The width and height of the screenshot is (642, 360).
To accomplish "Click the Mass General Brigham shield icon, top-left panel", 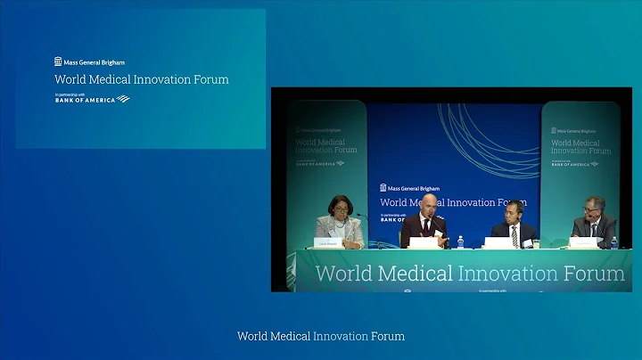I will pyautogui.click(x=58, y=61).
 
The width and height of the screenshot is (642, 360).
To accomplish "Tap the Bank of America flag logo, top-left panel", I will pyautogui.click(x=122, y=99).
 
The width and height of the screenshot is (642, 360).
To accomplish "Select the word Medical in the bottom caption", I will pyautogui.click(x=294, y=336).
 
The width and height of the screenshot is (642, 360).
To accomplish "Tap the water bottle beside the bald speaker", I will pyautogui.click(x=460, y=241).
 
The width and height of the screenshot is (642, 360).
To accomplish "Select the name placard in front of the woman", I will pyautogui.click(x=328, y=242).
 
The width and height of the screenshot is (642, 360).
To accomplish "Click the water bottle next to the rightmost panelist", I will pyautogui.click(x=613, y=242).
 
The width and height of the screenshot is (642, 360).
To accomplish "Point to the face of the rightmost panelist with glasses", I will pyautogui.click(x=590, y=209).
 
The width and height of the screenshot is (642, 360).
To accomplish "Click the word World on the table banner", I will pyautogui.click(x=344, y=274).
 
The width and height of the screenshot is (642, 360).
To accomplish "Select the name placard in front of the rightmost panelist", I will pyautogui.click(x=583, y=242).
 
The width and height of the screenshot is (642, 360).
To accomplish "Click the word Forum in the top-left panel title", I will pyautogui.click(x=210, y=79).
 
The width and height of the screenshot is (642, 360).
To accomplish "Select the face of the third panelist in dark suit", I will pyautogui.click(x=514, y=211).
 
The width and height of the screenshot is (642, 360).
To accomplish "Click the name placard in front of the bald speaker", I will pyautogui.click(x=423, y=242).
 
